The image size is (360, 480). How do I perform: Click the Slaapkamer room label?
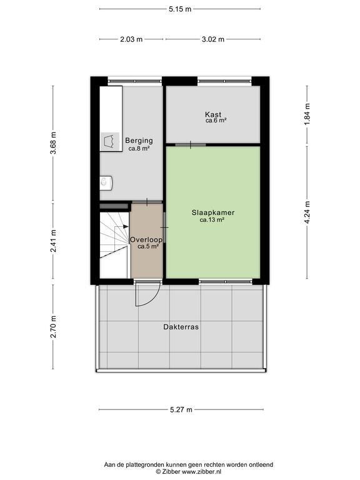pyautogui.click(x=213, y=212)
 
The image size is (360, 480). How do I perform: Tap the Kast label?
pyautogui.click(x=213, y=114)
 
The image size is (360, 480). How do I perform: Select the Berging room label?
pyautogui.click(x=139, y=141)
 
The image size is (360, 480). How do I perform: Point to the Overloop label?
pyautogui.click(x=146, y=239)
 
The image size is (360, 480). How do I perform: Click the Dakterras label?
pyautogui.click(x=181, y=327)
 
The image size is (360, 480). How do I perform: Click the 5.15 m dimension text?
pyautogui.click(x=180, y=9)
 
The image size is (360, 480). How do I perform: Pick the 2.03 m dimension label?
pyautogui.click(x=131, y=39)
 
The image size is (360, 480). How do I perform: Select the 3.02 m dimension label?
pyautogui.click(x=213, y=39)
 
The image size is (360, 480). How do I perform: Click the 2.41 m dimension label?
pyautogui.click(x=53, y=241)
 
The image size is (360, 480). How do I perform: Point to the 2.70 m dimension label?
pyautogui.click(x=53, y=327)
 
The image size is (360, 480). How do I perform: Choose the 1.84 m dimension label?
pyautogui.click(x=307, y=114)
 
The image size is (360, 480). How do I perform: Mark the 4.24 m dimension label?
pyautogui.click(x=307, y=212)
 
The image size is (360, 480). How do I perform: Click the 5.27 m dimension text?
pyautogui.click(x=181, y=409)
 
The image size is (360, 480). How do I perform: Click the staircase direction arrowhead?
pyautogui.click(x=126, y=227)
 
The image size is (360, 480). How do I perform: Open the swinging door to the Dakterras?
pyautogui.click(x=147, y=293)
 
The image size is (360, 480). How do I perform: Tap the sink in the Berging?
pyautogui.click(x=106, y=182)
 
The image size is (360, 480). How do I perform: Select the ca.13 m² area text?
pyautogui.click(x=212, y=220)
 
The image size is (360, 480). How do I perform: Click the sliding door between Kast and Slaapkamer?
pyautogui.click(x=190, y=144)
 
